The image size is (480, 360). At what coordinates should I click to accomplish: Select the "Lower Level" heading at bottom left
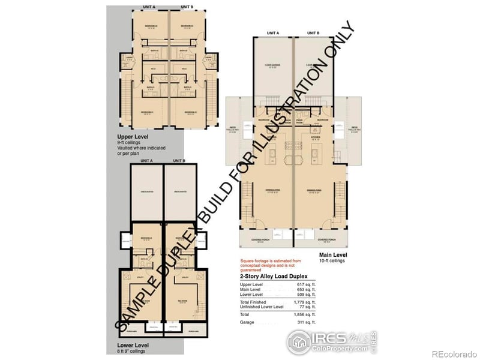point(131,346)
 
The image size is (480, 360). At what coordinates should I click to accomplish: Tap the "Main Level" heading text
point(333,256)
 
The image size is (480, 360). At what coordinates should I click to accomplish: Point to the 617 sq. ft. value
point(307,284)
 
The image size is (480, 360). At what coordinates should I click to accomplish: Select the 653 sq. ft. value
point(307,290)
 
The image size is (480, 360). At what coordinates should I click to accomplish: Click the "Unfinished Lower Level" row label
point(262,307)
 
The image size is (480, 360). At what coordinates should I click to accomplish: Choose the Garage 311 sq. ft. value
point(307,323)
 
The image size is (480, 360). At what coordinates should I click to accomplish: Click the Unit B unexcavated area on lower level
point(180,191)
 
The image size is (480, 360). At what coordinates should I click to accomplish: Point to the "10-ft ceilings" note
point(333,262)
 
